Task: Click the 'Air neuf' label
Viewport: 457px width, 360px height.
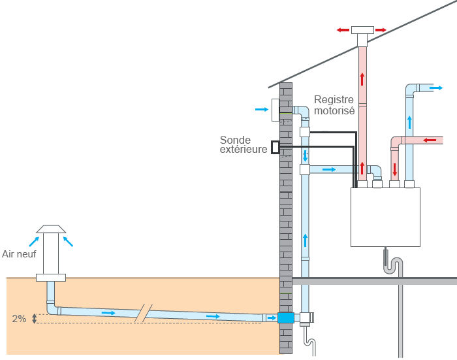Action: tap(19, 254)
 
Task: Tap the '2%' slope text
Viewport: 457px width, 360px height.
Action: tap(19, 319)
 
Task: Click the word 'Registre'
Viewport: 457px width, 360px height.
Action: tap(334, 100)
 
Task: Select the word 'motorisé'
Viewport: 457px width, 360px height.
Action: tap(334, 111)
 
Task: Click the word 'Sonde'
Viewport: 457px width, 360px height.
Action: tap(235, 140)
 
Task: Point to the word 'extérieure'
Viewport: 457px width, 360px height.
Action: tap(244, 150)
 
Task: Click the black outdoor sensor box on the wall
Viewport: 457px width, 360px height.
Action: tap(276, 147)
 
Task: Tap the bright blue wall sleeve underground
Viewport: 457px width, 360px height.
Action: tap(286, 318)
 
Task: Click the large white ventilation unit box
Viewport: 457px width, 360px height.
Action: tap(385, 217)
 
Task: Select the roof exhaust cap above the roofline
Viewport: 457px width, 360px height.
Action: tap(362, 35)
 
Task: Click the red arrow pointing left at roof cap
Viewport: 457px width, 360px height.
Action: tap(343, 30)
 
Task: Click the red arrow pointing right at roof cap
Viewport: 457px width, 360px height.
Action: tap(381, 30)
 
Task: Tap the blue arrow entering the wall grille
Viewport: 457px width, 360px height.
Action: tap(262, 109)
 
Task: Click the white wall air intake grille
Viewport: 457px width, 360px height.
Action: tap(276, 110)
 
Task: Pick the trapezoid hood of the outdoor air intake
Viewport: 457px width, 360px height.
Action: tap(51, 229)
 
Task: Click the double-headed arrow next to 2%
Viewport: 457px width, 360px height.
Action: tap(35, 319)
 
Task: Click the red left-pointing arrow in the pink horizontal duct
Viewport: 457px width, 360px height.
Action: tap(430, 140)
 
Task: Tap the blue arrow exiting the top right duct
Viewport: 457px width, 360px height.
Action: tap(436, 88)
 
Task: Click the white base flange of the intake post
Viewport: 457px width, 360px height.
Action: tap(51, 278)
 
